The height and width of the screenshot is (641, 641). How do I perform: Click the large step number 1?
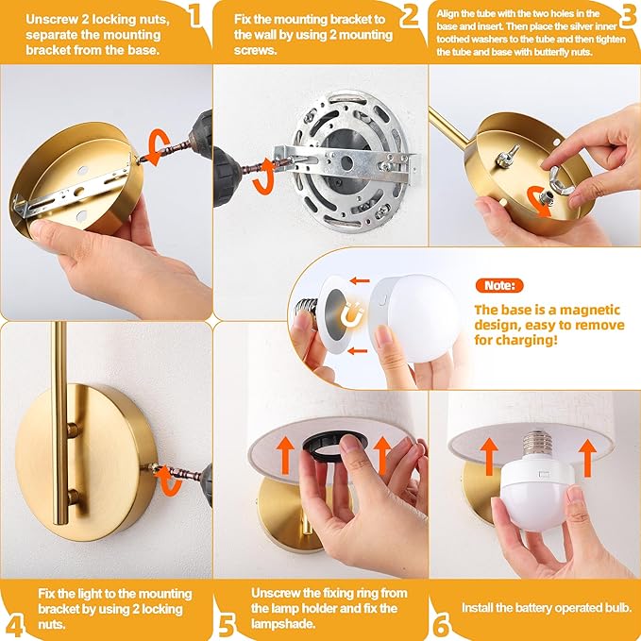click(x=195, y=16)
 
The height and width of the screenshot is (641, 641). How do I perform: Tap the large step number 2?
click(x=409, y=16)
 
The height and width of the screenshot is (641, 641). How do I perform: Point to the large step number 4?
click(x=14, y=624)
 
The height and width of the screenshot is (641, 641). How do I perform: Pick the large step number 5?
click(x=228, y=624)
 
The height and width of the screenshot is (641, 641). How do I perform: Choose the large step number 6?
click(x=442, y=624)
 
